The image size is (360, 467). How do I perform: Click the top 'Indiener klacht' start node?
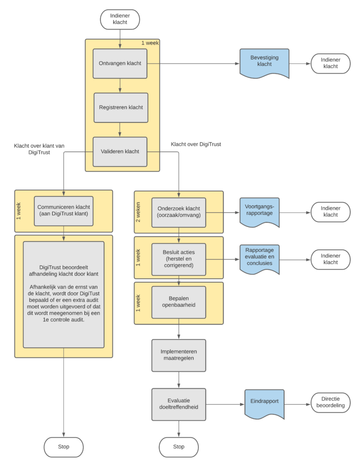(x=120, y=19)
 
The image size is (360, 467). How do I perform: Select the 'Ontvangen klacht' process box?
(x=120, y=63)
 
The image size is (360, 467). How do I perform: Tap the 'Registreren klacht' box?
(x=120, y=107)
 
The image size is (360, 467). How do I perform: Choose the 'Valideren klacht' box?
(x=120, y=151)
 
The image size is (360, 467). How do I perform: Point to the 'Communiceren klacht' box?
(x=64, y=211)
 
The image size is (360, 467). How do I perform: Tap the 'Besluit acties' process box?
(x=178, y=259)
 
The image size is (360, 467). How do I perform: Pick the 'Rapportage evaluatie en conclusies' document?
(x=259, y=258)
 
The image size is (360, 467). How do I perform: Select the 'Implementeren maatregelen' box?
(x=178, y=355)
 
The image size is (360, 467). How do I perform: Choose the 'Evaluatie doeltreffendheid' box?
(x=178, y=404)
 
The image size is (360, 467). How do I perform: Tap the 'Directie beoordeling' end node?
(x=330, y=403)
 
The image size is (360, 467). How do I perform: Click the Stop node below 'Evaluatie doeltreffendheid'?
(x=179, y=447)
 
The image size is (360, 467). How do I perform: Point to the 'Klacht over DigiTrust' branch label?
(x=195, y=144)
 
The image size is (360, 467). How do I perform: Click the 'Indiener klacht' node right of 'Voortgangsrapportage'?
(x=330, y=211)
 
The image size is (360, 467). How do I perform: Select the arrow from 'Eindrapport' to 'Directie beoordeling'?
(x=297, y=404)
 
